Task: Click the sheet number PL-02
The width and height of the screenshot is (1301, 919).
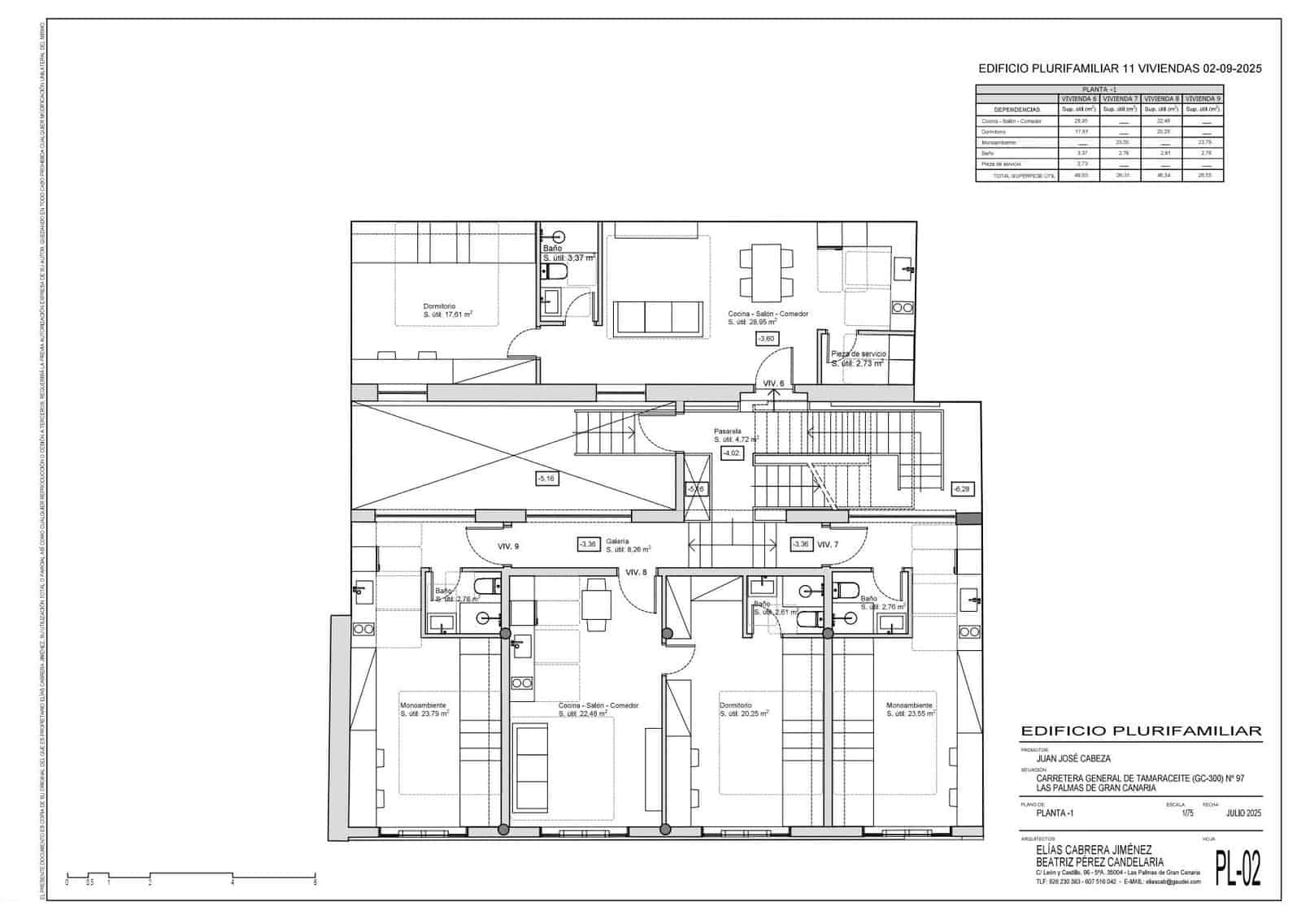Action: [x=1238, y=868]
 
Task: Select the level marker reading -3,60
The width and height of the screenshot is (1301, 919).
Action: [x=766, y=338]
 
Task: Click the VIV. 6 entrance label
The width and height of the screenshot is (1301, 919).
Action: [x=773, y=384]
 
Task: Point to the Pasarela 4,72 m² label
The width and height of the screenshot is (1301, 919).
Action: [x=736, y=436]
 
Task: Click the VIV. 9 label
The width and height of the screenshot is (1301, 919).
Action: [x=508, y=547]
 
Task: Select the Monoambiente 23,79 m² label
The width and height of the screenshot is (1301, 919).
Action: [x=424, y=709]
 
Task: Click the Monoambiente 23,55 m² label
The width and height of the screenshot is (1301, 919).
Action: [x=910, y=709]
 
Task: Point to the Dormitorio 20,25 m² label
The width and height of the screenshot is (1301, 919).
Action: [x=743, y=709]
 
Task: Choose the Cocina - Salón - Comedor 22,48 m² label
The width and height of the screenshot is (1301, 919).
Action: [x=598, y=709]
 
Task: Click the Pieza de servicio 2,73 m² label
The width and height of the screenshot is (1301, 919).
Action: [x=858, y=359]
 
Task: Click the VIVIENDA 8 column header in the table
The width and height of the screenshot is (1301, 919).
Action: [x=1161, y=98]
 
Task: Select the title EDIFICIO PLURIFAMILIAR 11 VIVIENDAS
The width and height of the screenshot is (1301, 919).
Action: [x=1120, y=69]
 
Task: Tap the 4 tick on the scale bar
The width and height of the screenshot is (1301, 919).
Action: [x=233, y=881]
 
